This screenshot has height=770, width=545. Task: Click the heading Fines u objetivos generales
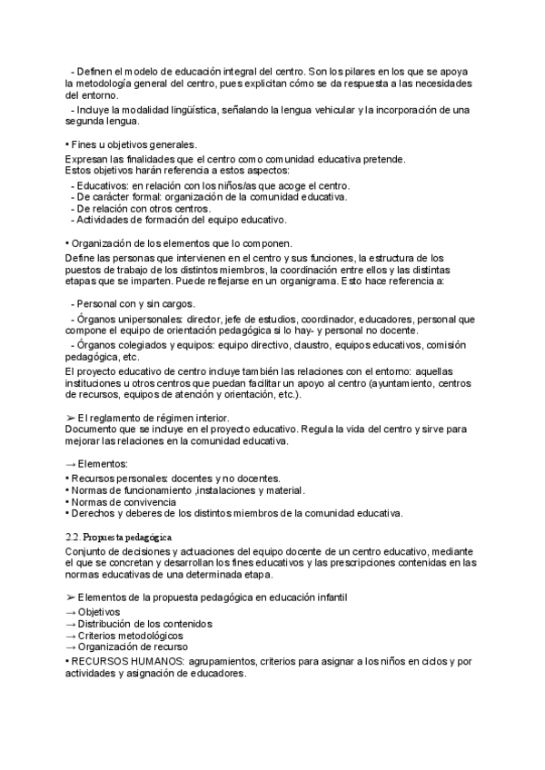click(134, 144)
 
